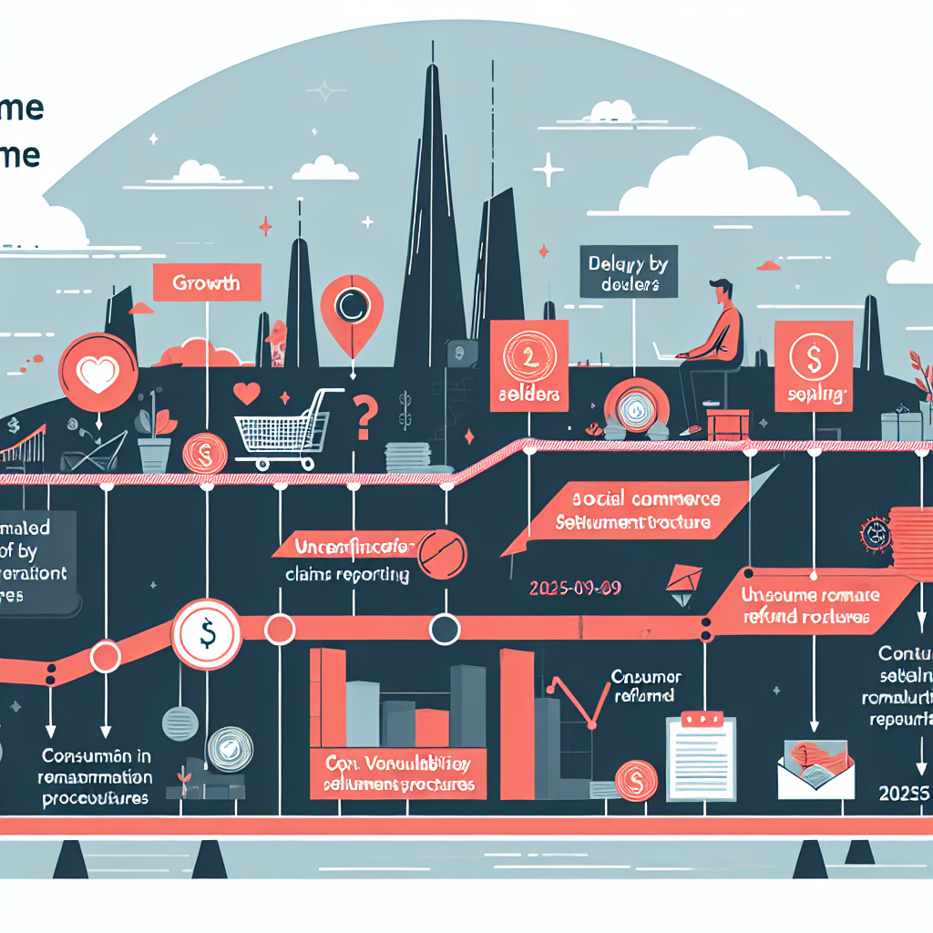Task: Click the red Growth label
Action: click(208, 282)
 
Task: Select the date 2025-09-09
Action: click(574, 589)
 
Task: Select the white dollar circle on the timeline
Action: click(207, 631)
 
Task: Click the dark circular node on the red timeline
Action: click(444, 628)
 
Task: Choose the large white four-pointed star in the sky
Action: click(549, 169)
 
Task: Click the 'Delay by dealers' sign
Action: click(629, 273)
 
